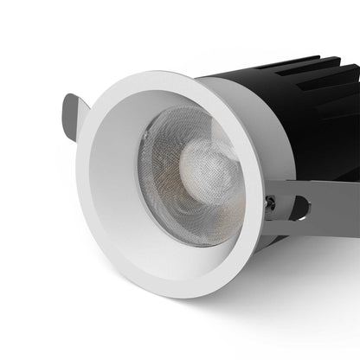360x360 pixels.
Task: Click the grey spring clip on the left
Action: coord(72,114)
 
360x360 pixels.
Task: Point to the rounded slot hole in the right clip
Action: coord(299,208)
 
